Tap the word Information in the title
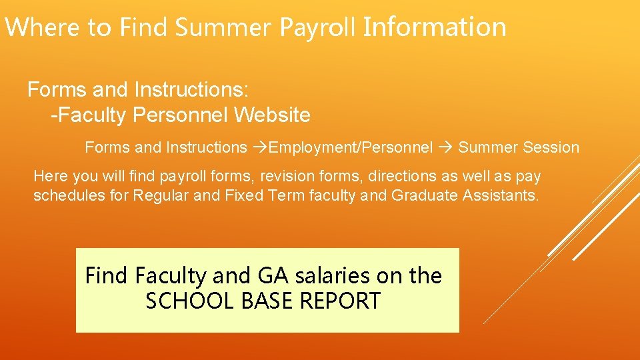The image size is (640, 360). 435,27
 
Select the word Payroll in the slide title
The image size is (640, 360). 319,27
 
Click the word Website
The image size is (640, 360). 273,115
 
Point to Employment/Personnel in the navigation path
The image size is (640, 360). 351,147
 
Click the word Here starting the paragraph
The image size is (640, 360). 47,177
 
